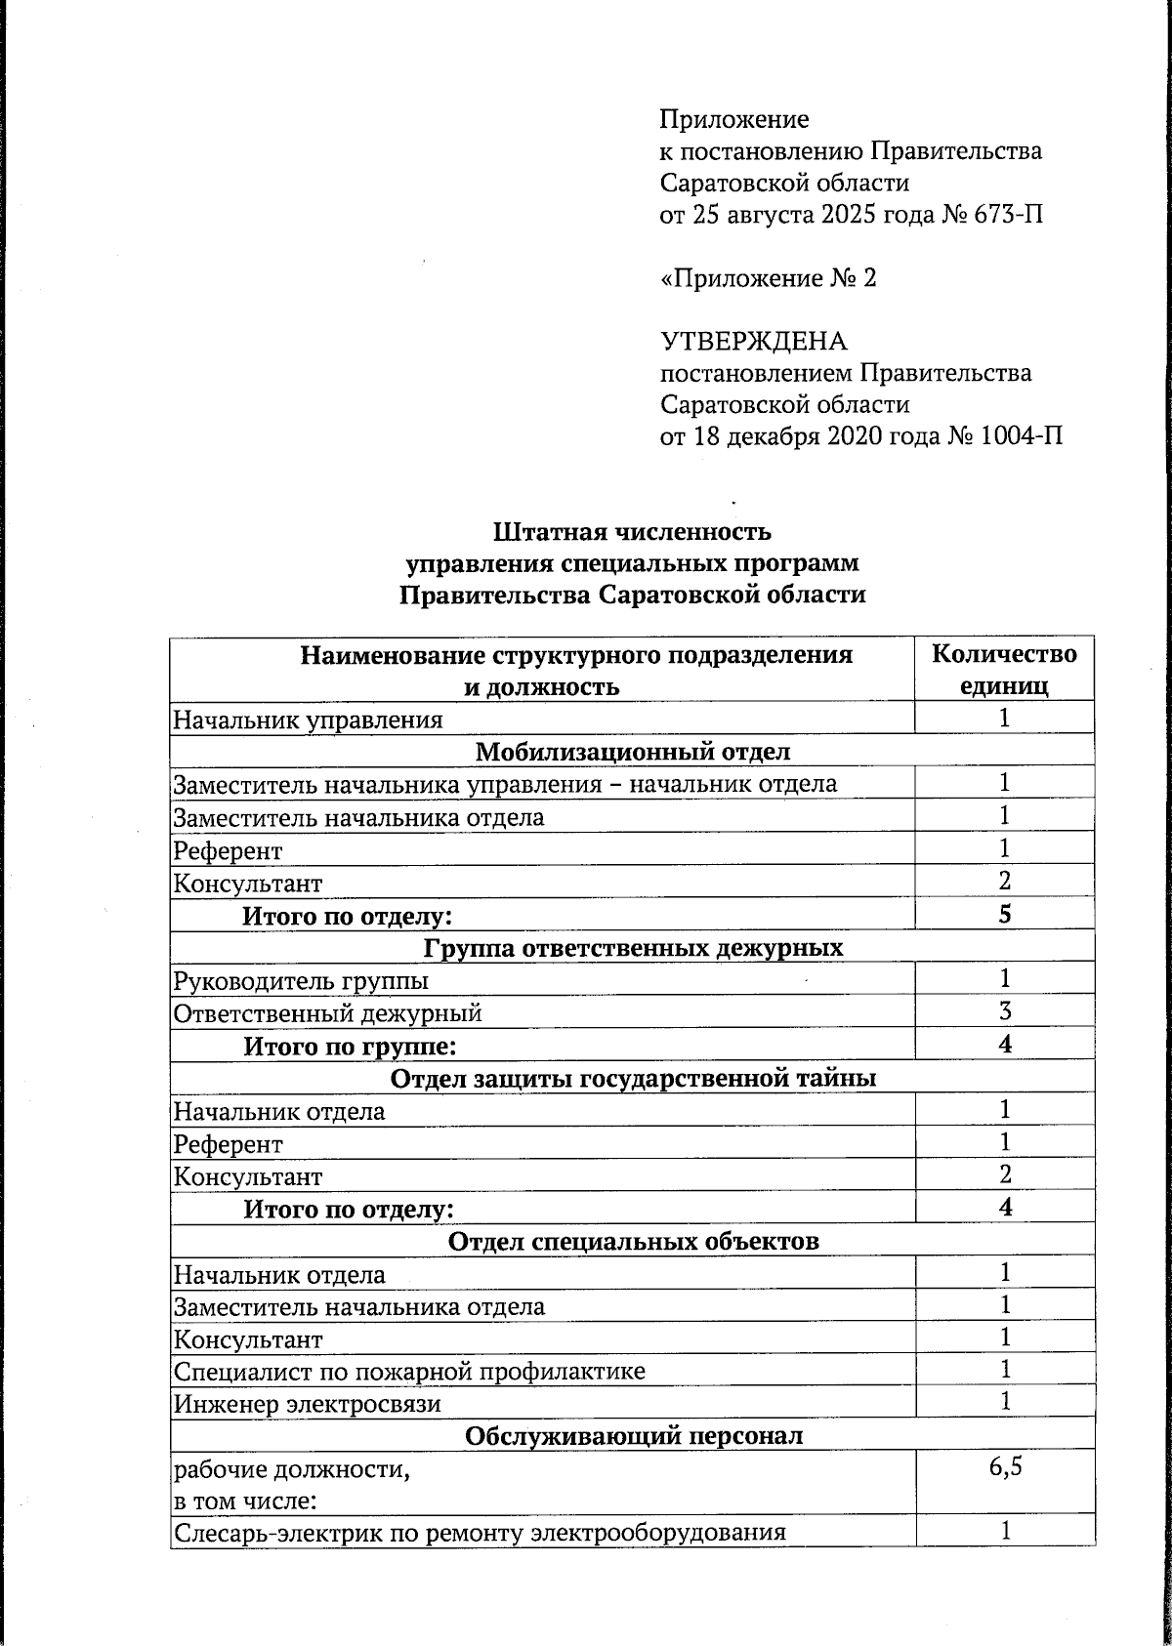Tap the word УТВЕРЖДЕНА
pos(754,341)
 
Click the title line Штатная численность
pos(632,532)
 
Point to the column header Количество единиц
pos(1004,670)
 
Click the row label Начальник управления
pos(308,720)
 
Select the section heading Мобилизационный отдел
pos(632,752)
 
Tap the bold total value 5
pos(1004,915)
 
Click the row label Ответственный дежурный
pos(327,1013)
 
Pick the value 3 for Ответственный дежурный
pos(1004,1011)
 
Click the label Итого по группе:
pos(351,1047)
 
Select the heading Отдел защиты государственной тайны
pos(632,1078)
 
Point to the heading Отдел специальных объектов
pos(632,1241)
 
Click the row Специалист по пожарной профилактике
pos(409,1372)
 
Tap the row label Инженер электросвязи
pos(307,1405)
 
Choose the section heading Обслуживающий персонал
pos(632,1436)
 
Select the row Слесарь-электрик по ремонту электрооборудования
pos(480,1532)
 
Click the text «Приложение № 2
pos(769,278)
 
